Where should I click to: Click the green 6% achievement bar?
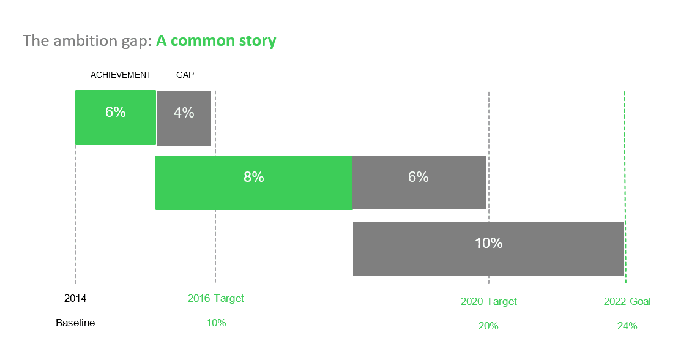tap(116, 118)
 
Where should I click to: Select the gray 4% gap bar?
tap(184, 118)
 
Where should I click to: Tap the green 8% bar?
tap(254, 182)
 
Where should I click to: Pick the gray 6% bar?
tap(419, 182)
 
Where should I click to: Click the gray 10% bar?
tap(488, 249)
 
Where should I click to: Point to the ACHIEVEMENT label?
tap(121, 75)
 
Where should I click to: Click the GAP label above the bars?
tap(185, 75)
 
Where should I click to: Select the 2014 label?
tap(75, 299)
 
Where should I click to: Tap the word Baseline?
tap(75, 323)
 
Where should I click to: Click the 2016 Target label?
tap(216, 298)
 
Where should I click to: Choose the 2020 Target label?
tap(488, 301)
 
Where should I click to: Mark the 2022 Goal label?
tap(627, 301)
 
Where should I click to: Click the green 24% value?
tap(627, 326)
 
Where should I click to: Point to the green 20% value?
tap(488, 326)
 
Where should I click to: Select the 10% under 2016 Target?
tap(216, 323)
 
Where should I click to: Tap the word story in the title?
tap(257, 41)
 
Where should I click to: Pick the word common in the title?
tap(203, 40)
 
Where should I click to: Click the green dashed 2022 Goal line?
tap(625, 187)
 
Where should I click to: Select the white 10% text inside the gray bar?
tap(488, 242)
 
